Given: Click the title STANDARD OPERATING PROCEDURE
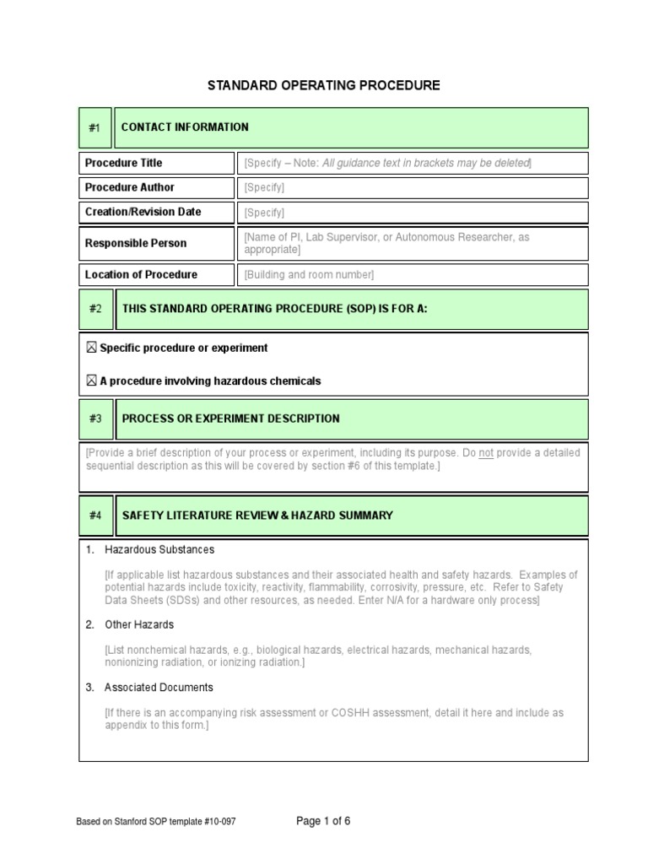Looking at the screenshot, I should [324, 85].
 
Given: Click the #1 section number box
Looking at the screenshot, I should [94, 127].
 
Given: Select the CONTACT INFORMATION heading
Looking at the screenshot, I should [185, 127].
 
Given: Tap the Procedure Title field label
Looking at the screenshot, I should [123, 163].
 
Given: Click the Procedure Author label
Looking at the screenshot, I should [129, 187].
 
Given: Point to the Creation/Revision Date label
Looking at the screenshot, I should [143, 212].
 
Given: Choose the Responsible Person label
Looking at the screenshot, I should [135, 243].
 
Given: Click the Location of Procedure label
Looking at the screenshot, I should [141, 274].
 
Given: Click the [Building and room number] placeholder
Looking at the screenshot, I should [309, 275].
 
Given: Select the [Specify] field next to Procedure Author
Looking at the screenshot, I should [264, 188].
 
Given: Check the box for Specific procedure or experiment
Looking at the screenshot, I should [91, 348].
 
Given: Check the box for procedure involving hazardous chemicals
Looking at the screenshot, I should [91, 381].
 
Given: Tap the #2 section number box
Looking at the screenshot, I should [94, 309].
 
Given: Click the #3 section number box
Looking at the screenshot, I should [94, 418].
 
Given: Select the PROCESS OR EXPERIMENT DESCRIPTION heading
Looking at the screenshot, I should [230, 418].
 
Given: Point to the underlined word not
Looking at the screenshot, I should [486, 453].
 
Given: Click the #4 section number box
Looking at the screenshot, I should [94, 516].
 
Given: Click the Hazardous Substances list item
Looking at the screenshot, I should [159, 549].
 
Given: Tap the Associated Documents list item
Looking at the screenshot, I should [159, 688].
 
